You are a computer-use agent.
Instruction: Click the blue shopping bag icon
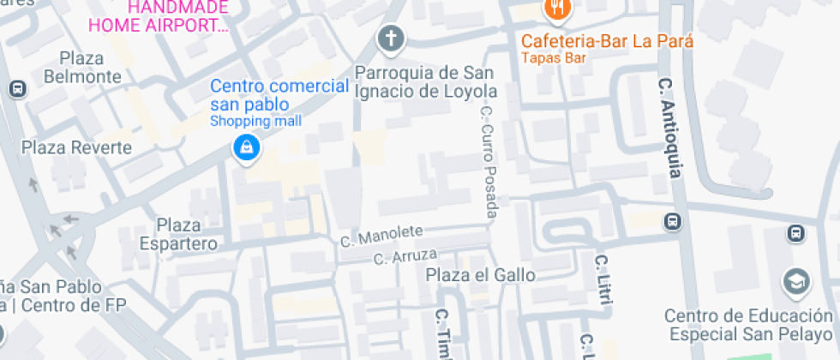(247, 147)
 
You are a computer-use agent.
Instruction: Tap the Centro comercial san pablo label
(280, 94)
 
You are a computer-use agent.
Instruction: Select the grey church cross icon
(391, 38)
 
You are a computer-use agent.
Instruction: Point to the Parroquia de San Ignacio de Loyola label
(426, 81)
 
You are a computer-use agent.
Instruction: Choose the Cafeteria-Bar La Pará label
(608, 40)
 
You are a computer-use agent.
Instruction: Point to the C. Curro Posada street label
(488, 161)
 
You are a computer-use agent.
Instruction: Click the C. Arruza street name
(405, 255)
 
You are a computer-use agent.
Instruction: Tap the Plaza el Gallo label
(481, 275)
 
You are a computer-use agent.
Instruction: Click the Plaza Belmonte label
(90, 68)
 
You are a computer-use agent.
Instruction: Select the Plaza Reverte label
(77, 147)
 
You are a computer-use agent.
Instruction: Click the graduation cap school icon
(796, 281)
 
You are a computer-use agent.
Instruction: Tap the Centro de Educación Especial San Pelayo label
(748, 325)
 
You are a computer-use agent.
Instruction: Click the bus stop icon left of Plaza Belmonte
(16, 88)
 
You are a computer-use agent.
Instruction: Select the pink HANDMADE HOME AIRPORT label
(177, 16)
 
